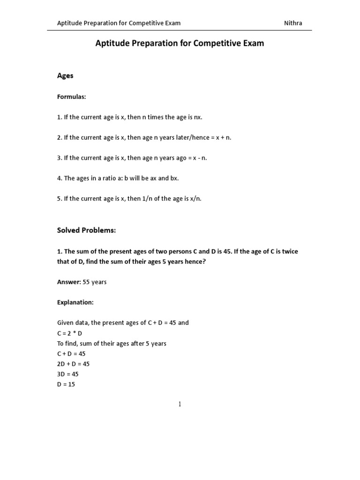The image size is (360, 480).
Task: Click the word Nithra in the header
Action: click(293, 23)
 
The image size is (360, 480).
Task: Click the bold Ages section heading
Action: click(65, 75)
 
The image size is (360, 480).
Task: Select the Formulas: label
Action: click(72, 97)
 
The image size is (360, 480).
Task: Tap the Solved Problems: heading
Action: click(86, 231)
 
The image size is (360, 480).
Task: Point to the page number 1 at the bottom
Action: click(180, 404)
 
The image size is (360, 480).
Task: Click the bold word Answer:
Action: click(69, 282)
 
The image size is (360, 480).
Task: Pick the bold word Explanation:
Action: click(75, 302)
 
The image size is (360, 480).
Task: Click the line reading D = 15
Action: click(66, 384)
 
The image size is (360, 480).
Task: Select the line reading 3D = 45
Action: click(68, 374)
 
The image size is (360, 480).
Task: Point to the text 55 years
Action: click(95, 282)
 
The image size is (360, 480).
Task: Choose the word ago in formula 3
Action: click(176, 158)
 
